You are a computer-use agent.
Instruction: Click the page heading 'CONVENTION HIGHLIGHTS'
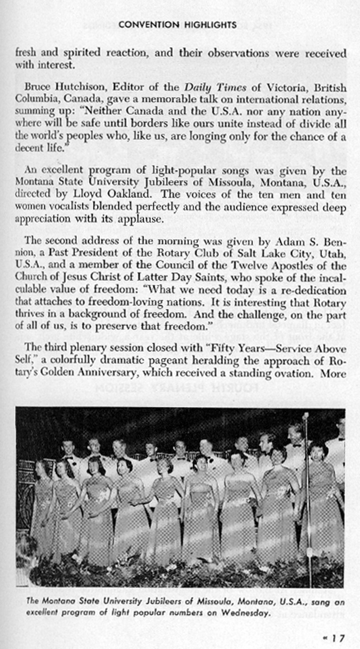[x=178, y=25]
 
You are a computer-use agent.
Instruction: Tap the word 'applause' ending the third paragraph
[x=140, y=219]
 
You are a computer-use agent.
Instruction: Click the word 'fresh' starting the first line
[x=26, y=53]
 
